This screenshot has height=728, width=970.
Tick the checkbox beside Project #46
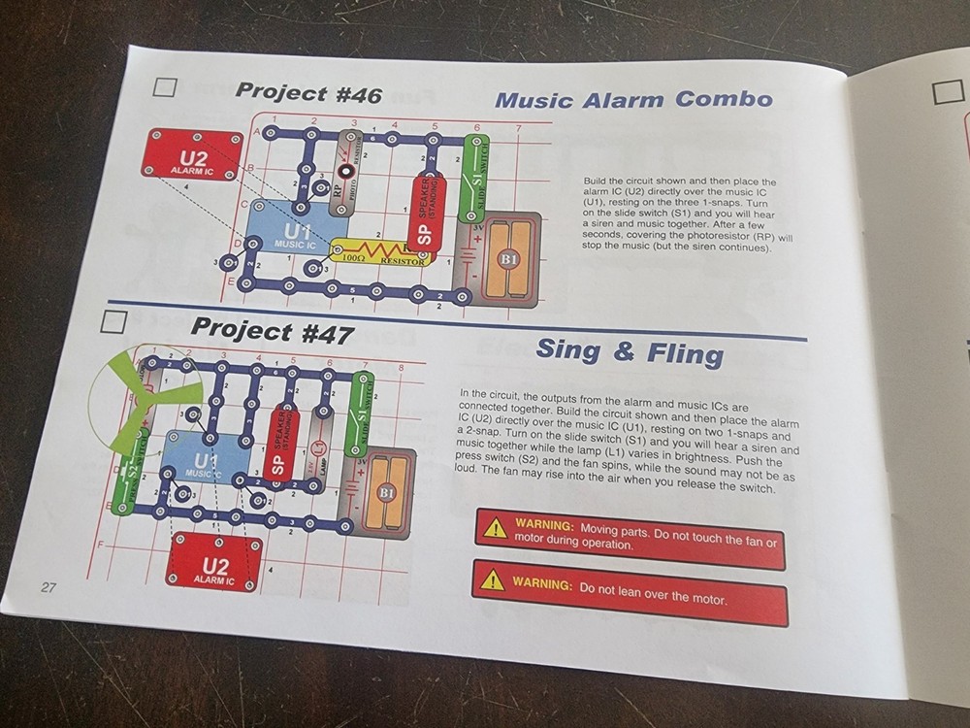tap(164, 87)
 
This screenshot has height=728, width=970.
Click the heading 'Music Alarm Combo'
tap(633, 99)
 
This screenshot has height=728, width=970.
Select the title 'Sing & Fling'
tap(630, 350)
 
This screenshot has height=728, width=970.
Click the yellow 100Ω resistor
tap(377, 252)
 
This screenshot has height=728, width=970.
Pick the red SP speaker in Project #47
tap(278, 442)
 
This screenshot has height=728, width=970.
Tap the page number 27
tap(49, 587)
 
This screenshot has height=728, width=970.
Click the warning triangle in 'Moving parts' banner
tap(496, 528)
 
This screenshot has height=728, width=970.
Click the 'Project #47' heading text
tap(272, 330)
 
